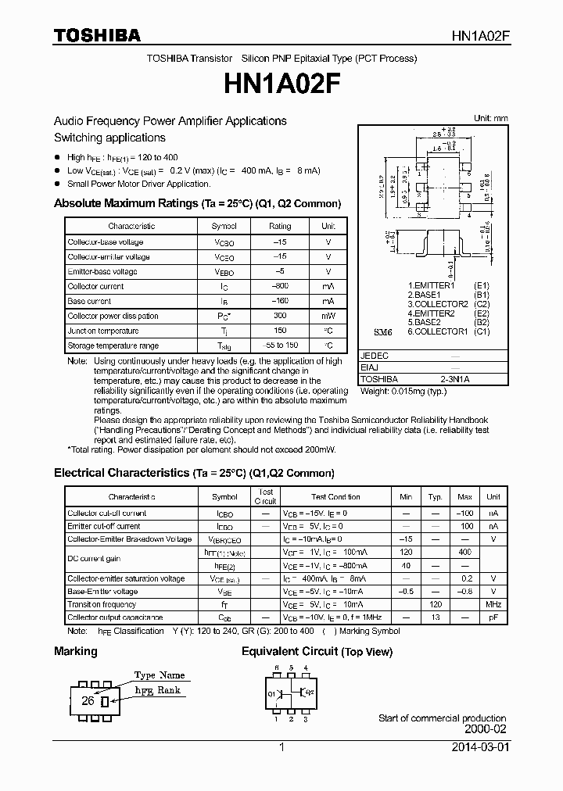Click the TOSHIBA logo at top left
point(97,35)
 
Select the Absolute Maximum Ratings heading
point(197,203)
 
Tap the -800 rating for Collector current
point(280,287)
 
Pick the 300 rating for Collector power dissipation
point(280,317)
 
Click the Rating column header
point(280,226)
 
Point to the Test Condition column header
point(335,497)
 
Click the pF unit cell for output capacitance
point(493,617)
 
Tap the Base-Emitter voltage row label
point(102,592)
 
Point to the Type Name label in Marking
point(159,675)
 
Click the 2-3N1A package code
point(455,379)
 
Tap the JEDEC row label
point(375,355)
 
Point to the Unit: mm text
point(490,118)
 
